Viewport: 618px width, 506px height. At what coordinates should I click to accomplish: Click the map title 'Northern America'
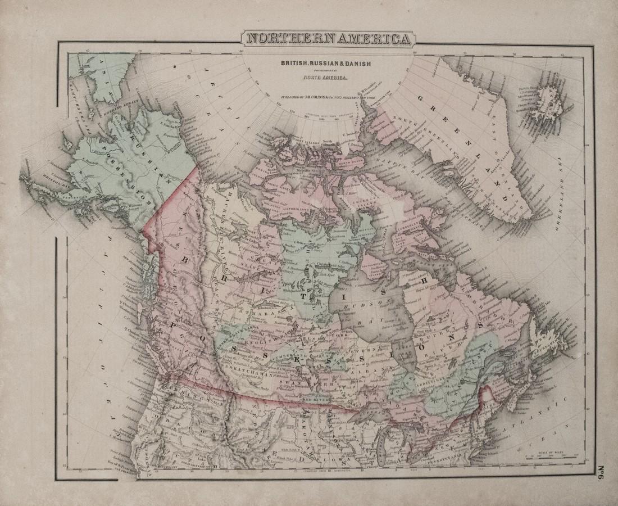tap(329, 39)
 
